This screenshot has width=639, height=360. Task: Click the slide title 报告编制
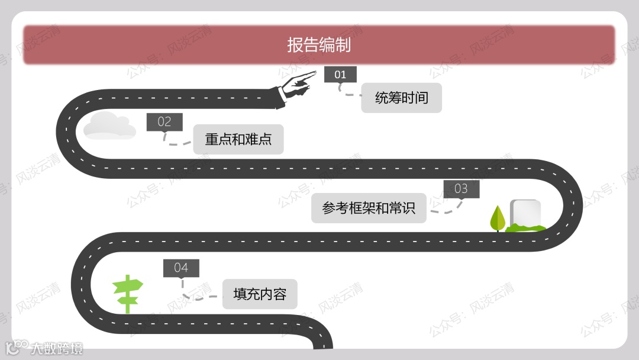click(x=319, y=45)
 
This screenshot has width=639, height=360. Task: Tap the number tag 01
click(x=340, y=75)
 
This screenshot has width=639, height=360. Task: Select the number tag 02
click(x=164, y=122)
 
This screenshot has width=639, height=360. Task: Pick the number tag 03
click(x=461, y=189)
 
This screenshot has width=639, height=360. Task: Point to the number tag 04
click(x=181, y=268)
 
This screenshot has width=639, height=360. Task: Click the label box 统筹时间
click(x=401, y=98)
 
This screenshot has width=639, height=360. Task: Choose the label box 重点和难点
click(x=238, y=139)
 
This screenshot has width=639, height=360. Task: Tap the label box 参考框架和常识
click(x=369, y=208)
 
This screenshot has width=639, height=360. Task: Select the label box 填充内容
click(x=260, y=294)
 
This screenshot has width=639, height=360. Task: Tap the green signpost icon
click(x=128, y=293)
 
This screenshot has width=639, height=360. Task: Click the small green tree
click(x=498, y=218)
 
